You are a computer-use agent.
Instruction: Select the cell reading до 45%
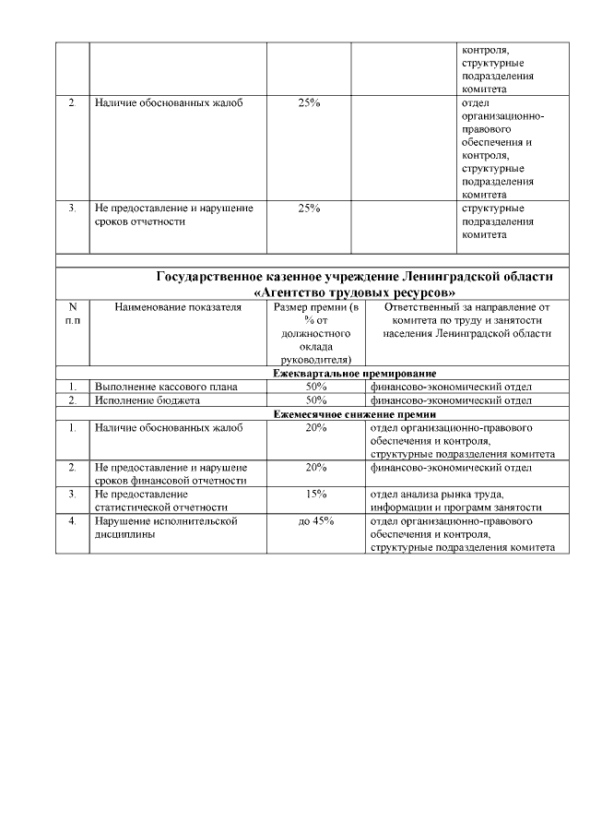click(316, 521)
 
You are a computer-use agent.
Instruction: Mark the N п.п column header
click(72, 314)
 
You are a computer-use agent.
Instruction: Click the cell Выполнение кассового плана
click(166, 388)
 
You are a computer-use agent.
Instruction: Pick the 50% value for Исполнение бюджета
click(316, 401)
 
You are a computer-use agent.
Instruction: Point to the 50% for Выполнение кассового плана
click(316, 388)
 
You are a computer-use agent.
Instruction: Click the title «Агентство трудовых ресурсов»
click(356, 291)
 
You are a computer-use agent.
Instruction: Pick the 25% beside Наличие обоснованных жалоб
click(310, 102)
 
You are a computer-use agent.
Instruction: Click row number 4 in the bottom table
click(72, 521)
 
